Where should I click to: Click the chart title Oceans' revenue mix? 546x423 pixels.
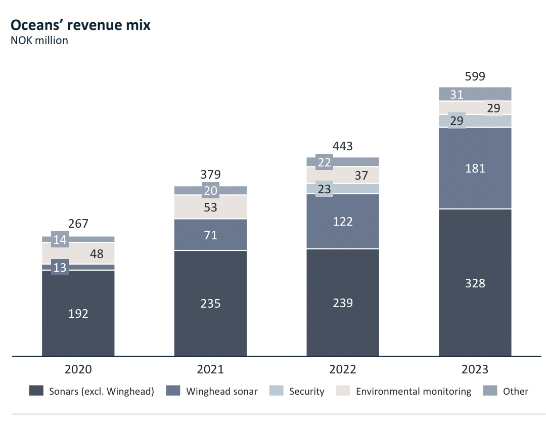(80, 25)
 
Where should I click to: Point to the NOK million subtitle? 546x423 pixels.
(39, 40)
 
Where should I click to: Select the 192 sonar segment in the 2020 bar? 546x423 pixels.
(78, 313)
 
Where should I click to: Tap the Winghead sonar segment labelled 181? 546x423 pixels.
(475, 168)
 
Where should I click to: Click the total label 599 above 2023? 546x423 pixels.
(475, 76)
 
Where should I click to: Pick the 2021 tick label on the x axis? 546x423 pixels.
(210, 369)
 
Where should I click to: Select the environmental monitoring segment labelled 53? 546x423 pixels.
(210, 207)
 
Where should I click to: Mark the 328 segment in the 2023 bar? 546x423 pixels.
(475, 283)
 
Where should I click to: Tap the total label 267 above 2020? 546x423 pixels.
(78, 224)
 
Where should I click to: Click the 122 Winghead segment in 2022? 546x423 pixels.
(343, 221)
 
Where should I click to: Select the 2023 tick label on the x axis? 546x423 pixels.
(475, 369)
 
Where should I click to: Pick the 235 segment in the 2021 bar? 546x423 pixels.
(210, 303)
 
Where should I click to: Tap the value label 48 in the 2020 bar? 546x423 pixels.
(96, 253)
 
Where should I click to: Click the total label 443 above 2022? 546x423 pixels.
(343, 147)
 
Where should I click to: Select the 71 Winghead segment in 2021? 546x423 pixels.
(210, 235)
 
